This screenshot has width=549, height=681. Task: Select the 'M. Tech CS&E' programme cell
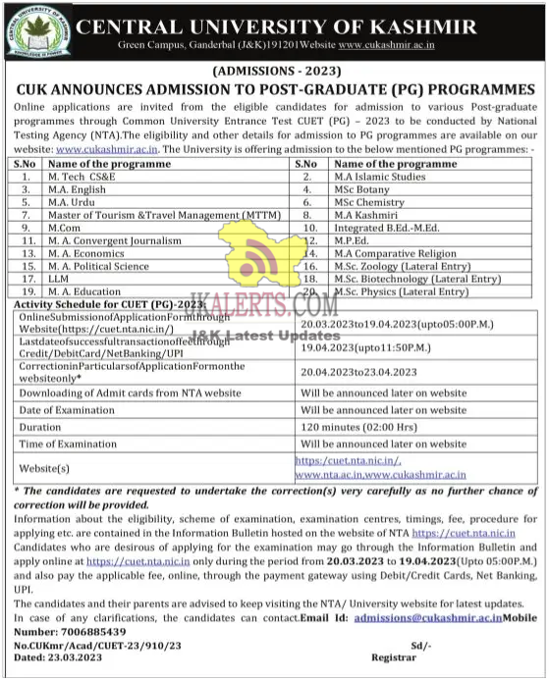83,176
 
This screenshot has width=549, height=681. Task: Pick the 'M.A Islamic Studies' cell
378,176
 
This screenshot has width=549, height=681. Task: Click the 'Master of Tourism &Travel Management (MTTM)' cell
154,214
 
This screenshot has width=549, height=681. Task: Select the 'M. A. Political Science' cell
99,266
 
